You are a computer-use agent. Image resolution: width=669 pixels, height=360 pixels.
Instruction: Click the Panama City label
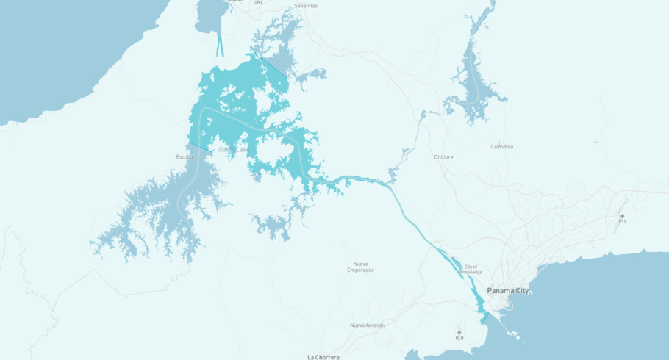(507, 291)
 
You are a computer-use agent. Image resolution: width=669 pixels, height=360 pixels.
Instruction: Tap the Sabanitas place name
(305, 5)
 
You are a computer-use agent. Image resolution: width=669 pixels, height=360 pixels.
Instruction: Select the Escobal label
(185, 157)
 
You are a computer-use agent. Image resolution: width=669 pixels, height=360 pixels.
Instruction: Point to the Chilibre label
(443, 156)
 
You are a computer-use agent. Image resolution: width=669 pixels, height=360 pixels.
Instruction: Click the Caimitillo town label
(502, 147)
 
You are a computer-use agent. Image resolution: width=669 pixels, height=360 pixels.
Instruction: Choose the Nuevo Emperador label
(360, 267)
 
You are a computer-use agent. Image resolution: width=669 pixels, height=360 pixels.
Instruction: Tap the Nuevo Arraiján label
(368, 325)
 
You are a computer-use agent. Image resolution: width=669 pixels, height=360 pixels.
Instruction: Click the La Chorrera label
(323, 357)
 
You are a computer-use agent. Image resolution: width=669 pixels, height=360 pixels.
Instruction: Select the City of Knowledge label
(471, 269)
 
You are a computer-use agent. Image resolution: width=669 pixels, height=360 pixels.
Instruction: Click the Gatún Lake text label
(234, 150)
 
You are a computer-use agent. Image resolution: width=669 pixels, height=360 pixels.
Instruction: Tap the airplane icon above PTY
(623, 216)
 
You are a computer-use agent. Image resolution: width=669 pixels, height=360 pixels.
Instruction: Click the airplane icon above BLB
(459, 333)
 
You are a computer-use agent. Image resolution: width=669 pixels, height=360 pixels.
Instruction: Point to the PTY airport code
(623, 222)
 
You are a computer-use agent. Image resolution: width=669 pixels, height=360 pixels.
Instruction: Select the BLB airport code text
(459, 339)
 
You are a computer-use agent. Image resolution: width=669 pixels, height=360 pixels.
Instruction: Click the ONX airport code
(258, 3)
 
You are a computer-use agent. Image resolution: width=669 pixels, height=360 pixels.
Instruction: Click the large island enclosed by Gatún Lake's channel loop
(271, 151)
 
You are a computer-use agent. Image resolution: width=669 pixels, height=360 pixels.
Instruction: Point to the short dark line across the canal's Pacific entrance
(484, 317)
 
